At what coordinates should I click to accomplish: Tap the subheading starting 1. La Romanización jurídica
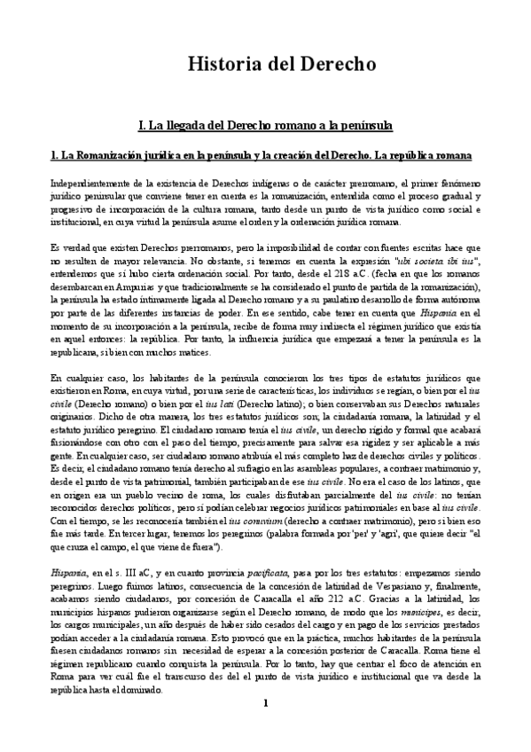267,155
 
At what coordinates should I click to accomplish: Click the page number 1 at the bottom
265,728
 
